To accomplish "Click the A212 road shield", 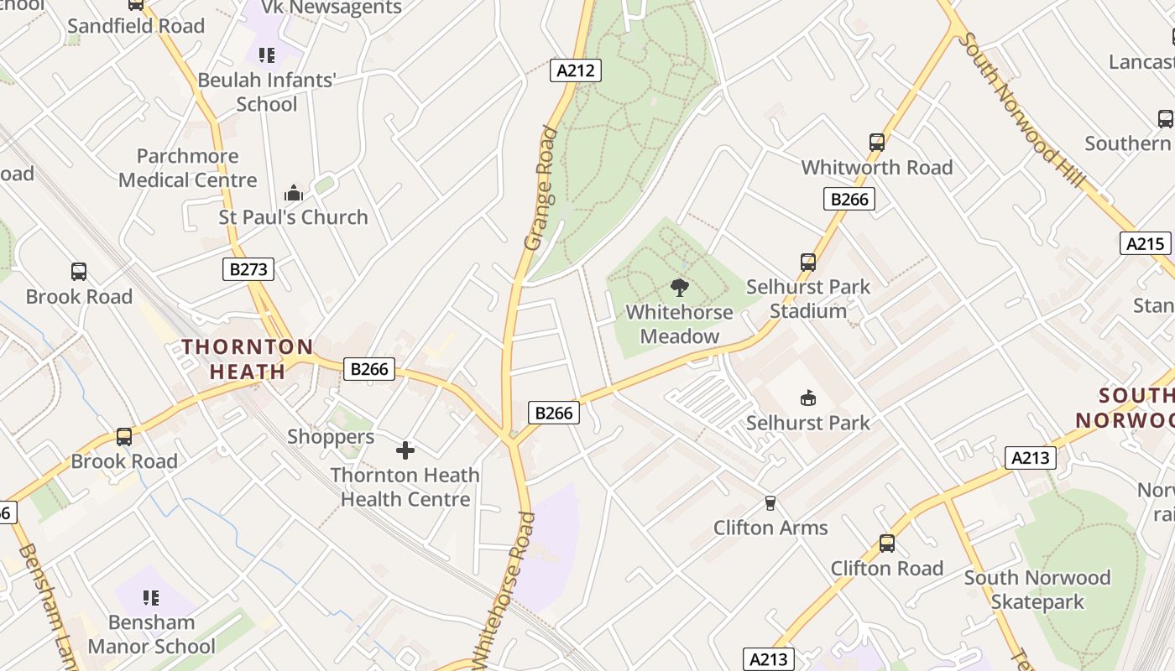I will coord(577,70).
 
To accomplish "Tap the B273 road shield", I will coord(248,269).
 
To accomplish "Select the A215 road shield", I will coord(1145,243).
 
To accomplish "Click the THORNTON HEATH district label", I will coord(248,359).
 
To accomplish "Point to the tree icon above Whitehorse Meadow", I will coord(680,289).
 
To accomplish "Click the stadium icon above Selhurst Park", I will coord(808,398).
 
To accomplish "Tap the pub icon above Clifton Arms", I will coord(770,503).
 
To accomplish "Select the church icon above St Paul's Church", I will coord(293,193).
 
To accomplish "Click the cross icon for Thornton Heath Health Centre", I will coord(405,450).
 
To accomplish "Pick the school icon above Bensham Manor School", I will coord(151,598).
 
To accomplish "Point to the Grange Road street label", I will coord(540,188).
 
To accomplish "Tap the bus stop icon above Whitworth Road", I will coord(877,143).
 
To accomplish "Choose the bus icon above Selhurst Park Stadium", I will coord(808,263).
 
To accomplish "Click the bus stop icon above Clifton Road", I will coord(887,544).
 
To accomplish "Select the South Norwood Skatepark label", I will coord(1037,590).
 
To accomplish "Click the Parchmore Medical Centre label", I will coord(187,168).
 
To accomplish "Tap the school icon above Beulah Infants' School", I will coord(267,56).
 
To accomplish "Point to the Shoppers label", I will coord(331,437).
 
